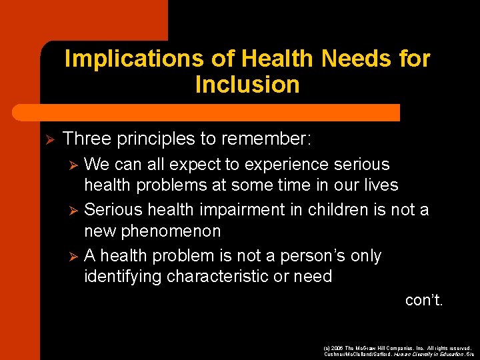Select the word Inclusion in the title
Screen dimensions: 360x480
[x=247, y=85]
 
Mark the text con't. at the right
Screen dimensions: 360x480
[x=424, y=300]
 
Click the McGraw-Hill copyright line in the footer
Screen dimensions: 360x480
[x=397, y=348]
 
